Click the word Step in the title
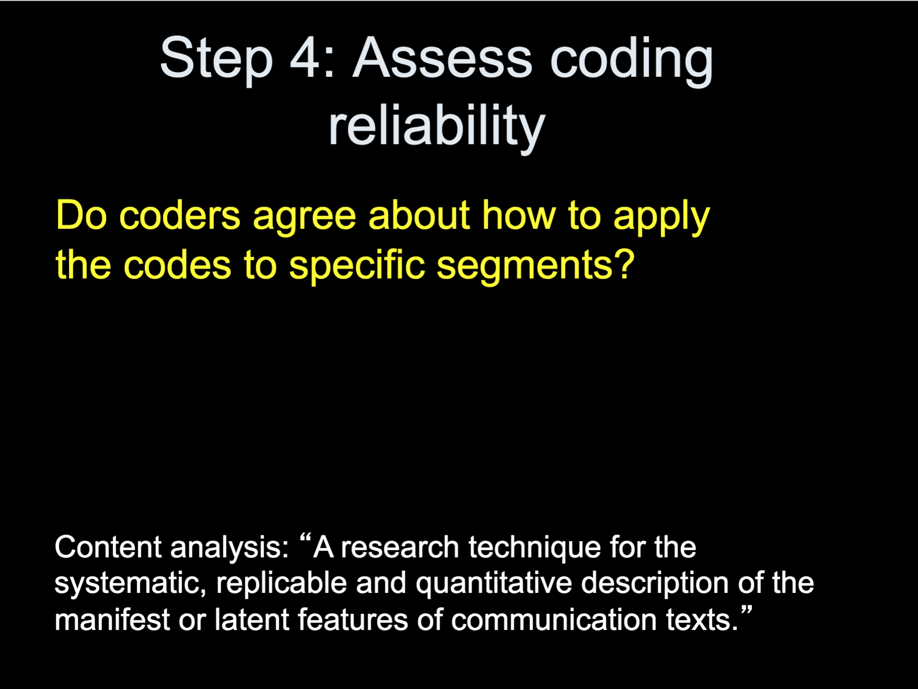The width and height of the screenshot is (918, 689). pyautogui.click(x=216, y=60)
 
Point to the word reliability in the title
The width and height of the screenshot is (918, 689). pyautogui.click(x=437, y=127)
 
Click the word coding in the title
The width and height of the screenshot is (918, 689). pyautogui.click(x=632, y=60)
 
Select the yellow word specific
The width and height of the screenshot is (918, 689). pyautogui.click(x=357, y=266)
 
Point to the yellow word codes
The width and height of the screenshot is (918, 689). pyautogui.click(x=177, y=265)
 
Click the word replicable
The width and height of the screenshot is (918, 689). pyautogui.click(x=281, y=583)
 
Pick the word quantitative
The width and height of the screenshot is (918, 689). pyautogui.click(x=494, y=584)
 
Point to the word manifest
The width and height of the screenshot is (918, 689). pyautogui.click(x=112, y=620)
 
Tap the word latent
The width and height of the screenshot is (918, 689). pyautogui.click(x=252, y=620)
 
